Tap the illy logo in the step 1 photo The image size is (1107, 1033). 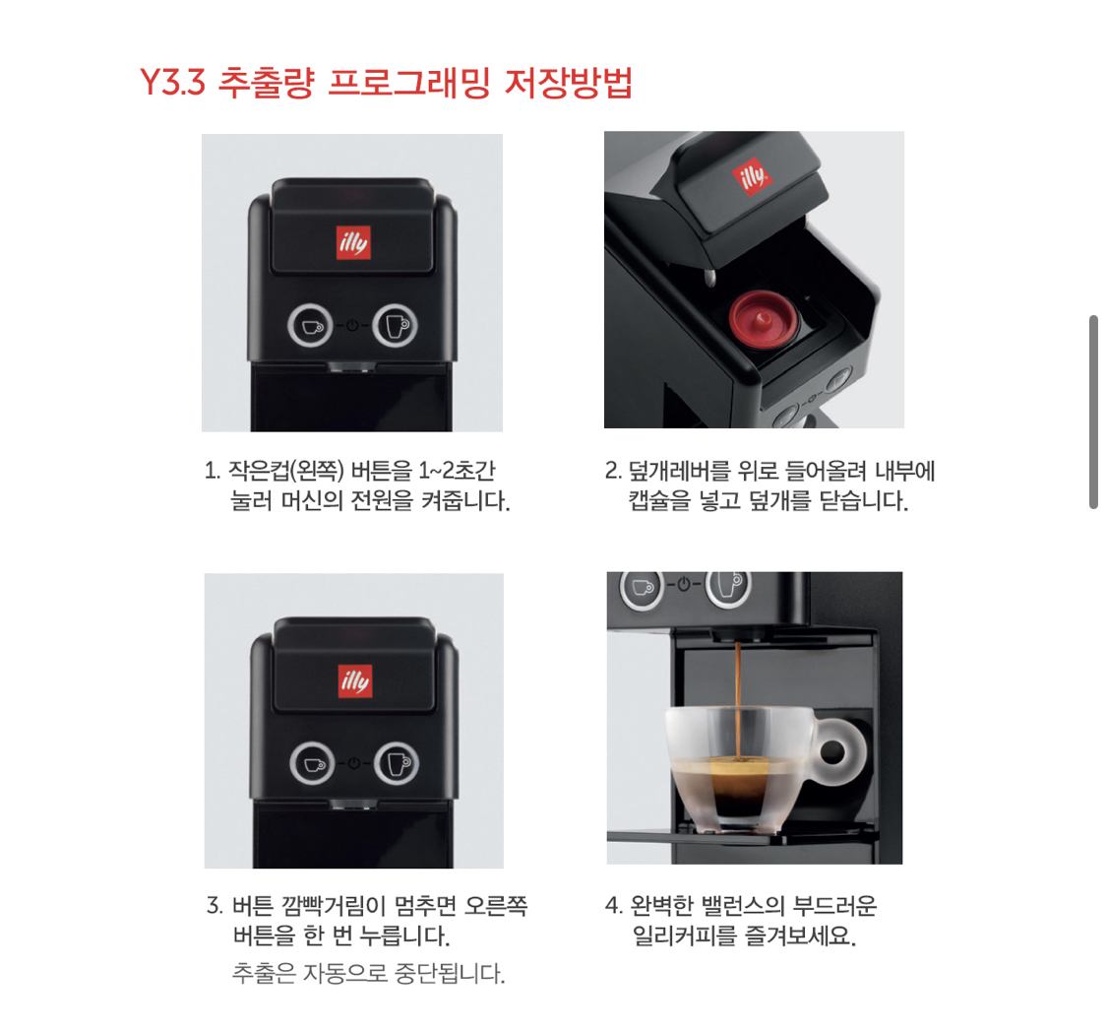pyautogui.click(x=352, y=240)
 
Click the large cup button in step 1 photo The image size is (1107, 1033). pyautogui.click(x=395, y=325)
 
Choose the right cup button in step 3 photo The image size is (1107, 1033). pyautogui.click(x=398, y=763)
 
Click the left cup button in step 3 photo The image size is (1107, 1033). pyautogui.click(x=312, y=763)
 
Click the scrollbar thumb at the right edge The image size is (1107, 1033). pyautogui.click(x=1092, y=412)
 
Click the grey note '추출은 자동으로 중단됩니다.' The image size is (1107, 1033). pyautogui.click(x=369, y=975)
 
